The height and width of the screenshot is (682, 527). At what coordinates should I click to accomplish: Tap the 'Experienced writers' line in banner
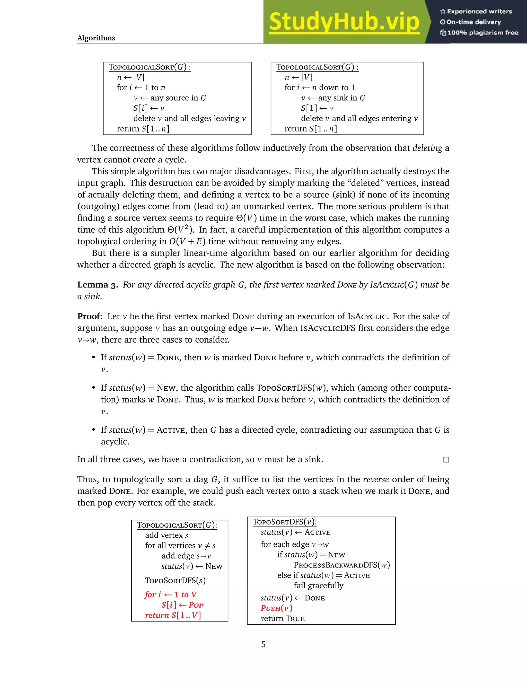click(x=476, y=12)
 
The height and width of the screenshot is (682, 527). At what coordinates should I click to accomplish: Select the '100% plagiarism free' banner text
click(x=479, y=33)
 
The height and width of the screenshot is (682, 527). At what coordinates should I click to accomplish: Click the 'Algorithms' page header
click(x=96, y=38)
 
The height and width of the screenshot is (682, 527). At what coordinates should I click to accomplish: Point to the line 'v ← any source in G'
click(x=170, y=98)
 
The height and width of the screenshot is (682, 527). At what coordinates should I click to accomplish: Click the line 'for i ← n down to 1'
click(x=319, y=88)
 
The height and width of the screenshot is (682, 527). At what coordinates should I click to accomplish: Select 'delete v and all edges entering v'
click(x=359, y=119)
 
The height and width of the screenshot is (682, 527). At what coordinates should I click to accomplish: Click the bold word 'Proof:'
click(x=90, y=316)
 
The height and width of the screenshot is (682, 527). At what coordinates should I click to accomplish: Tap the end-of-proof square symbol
click(x=446, y=460)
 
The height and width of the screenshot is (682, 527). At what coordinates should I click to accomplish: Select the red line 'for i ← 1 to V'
click(x=170, y=594)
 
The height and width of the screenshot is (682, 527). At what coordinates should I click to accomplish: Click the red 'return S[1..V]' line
click(x=173, y=615)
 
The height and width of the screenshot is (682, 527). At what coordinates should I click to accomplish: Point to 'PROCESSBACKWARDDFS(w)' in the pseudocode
click(x=341, y=565)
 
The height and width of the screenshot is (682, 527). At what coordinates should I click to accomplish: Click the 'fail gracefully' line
click(x=319, y=585)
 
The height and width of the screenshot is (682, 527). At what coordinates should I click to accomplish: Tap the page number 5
click(x=263, y=644)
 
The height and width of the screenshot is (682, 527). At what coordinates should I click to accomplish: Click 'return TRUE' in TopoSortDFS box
click(x=283, y=619)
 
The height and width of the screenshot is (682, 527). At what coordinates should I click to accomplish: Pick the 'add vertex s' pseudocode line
click(x=166, y=535)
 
